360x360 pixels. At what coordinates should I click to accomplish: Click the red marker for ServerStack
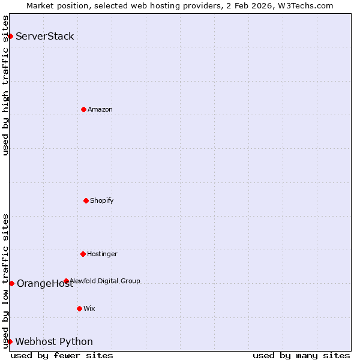[x=10, y=36]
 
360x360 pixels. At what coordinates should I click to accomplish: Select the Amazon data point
[x=83, y=109]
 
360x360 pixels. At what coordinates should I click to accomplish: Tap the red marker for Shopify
[x=86, y=200]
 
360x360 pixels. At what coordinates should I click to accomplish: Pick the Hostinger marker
[x=83, y=254]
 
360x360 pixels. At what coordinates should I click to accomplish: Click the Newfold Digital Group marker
[x=66, y=281]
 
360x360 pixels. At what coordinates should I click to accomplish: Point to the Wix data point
[x=79, y=308]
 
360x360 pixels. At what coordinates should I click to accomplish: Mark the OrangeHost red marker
[x=11, y=283]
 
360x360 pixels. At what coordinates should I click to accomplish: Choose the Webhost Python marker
[x=10, y=341]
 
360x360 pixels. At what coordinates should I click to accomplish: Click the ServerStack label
[x=45, y=36]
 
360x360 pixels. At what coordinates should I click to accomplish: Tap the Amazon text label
[x=100, y=109]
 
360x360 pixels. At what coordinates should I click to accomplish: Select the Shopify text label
[x=102, y=200]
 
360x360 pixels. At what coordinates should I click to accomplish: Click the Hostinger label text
[x=102, y=254]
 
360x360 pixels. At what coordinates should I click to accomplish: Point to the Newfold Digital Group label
[x=106, y=281]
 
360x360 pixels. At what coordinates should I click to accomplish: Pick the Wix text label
[x=89, y=308]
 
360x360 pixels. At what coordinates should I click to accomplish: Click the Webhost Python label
[x=54, y=341]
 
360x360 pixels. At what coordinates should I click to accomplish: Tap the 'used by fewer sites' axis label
[x=62, y=355]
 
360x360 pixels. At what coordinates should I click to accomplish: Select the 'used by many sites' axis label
[x=301, y=355]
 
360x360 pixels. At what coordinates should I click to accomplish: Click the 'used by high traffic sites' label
[x=5, y=85]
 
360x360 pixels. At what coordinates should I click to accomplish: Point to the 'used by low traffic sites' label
[x=5, y=280]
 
